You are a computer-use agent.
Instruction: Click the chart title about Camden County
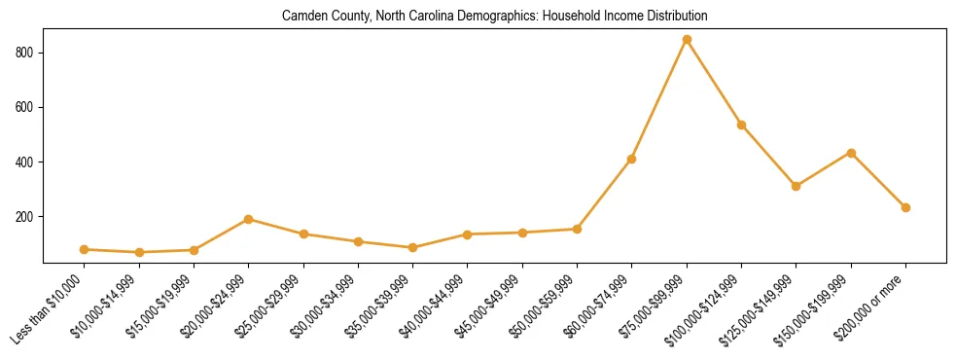pyautogui.click(x=494, y=17)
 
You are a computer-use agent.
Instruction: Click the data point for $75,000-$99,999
pyautogui.click(x=687, y=40)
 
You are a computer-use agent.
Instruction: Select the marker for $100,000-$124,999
pyautogui.click(x=741, y=125)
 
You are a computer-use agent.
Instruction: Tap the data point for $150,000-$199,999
pyautogui.click(x=851, y=153)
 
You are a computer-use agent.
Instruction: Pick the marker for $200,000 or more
pyautogui.click(x=905, y=207)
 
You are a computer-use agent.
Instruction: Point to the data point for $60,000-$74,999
pyautogui.click(x=632, y=159)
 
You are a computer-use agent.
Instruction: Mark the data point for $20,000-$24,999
pyautogui.click(x=249, y=219)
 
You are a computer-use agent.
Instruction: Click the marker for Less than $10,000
pyautogui.click(x=85, y=249)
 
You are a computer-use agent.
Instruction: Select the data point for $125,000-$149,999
pyautogui.click(x=797, y=186)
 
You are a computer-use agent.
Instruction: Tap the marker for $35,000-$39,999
pyautogui.click(x=413, y=247)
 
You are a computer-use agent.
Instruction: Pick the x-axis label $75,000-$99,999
pyautogui.click(x=654, y=310)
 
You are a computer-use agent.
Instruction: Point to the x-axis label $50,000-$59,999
pyautogui.click(x=544, y=310)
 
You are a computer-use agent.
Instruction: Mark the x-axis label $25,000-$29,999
pyautogui.click(x=270, y=310)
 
